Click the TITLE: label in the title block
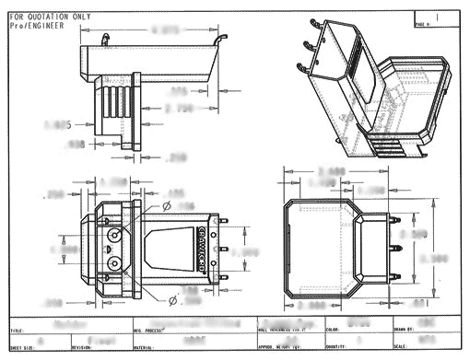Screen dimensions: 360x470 [18, 330]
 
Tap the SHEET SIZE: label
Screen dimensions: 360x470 [24, 349]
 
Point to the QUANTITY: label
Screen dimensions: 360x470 [338, 349]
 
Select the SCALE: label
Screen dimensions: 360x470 [403, 349]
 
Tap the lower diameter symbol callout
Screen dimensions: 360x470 [172, 299]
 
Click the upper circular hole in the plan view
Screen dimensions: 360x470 [114, 237]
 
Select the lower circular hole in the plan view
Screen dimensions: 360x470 [114, 263]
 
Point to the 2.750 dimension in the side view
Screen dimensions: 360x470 [179, 109]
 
